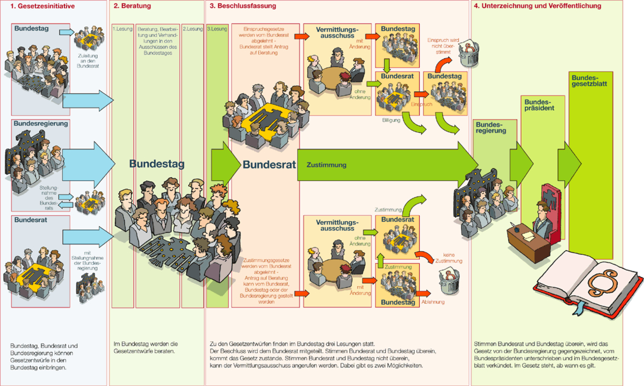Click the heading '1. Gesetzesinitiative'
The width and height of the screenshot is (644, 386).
tap(43, 6)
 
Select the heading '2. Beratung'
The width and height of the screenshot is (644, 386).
tap(132, 6)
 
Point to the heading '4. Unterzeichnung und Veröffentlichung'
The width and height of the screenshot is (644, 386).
tap(538, 6)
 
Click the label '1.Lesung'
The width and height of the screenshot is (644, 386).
tap(122, 28)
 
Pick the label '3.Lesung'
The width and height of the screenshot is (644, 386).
tap(217, 28)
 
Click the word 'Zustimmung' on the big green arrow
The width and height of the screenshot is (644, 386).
tap(326, 164)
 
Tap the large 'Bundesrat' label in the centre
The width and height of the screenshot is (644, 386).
tap(269, 164)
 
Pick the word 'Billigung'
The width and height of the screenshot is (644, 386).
tap(391, 120)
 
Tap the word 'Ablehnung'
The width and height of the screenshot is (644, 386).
tap(433, 302)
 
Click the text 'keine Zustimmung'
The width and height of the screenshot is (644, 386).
tap(452, 258)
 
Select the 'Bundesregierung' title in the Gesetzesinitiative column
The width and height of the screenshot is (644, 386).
tap(41, 123)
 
